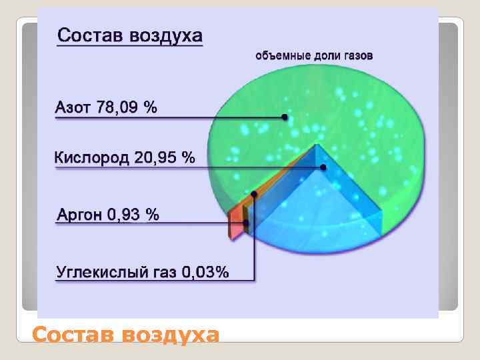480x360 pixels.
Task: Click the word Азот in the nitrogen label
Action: pyautogui.click(x=73, y=107)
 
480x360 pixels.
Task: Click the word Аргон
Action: pyautogui.click(x=79, y=215)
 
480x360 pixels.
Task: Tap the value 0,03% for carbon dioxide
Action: pyautogui.click(x=205, y=272)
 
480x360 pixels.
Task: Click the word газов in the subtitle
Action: pyautogui.click(x=358, y=56)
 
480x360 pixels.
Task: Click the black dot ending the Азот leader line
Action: pyautogui.click(x=285, y=117)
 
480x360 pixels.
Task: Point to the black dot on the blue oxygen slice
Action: pyautogui.click(x=323, y=167)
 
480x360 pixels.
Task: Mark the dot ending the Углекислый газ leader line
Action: pyautogui.click(x=254, y=195)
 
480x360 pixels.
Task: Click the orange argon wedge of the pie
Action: pyautogui.click(x=235, y=222)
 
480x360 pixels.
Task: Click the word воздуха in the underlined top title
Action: pyautogui.click(x=163, y=35)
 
